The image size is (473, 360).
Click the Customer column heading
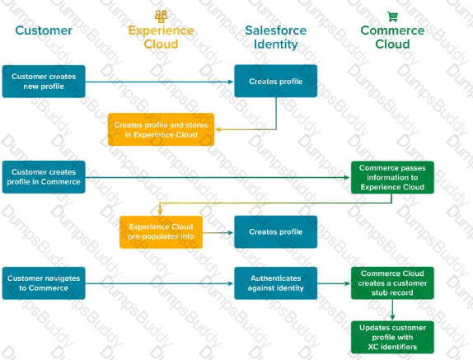[x=44, y=30]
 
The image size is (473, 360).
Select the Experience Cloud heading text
[x=161, y=37]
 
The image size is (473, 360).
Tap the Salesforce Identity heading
[x=276, y=37]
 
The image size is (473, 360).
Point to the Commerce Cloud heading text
[x=392, y=37]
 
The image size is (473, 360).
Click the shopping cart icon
[x=392, y=16]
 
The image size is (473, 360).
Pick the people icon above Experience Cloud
[x=161, y=16]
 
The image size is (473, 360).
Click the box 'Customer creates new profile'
[x=44, y=82]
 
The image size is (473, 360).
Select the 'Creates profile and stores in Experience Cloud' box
[x=161, y=129]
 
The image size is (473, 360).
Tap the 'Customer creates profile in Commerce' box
[x=44, y=177]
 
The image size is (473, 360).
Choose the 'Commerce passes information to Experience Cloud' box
[x=392, y=177]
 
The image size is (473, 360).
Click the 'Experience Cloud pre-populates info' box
[x=161, y=231]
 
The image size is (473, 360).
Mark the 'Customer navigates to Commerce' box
[x=44, y=283]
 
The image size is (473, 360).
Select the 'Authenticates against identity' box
[x=276, y=283]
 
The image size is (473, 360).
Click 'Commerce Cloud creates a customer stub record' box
[x=392, y=283]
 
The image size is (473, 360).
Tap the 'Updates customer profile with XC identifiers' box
[x=392, y=337]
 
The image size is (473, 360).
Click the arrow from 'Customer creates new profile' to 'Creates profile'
[x=160, y=82]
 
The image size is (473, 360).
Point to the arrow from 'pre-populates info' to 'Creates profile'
[x=218, y=232]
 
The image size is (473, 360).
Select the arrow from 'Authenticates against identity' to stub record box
[x=334, y=283]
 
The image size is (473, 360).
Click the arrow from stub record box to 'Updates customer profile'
[x=392, y=310]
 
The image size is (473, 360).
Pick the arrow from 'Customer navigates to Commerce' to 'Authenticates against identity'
[x=160, y=283]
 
